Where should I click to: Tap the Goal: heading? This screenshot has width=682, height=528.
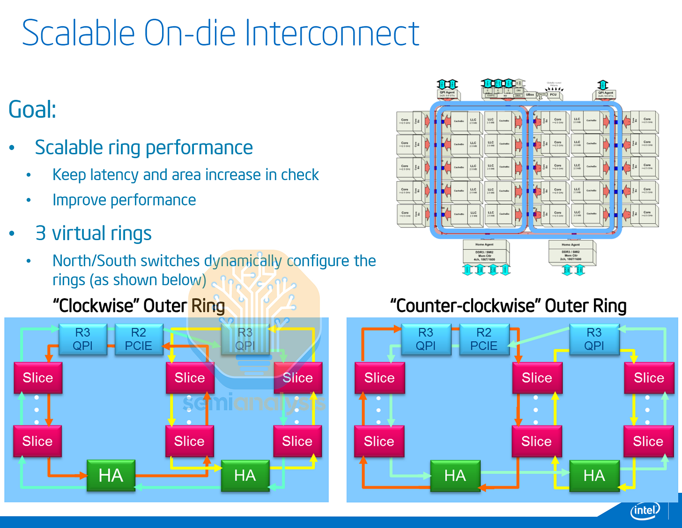click(32, 110)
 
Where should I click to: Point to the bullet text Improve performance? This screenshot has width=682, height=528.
click(124, 200)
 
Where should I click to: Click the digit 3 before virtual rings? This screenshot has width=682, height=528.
click(41, 234)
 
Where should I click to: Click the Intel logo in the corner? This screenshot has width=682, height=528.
click(645, 510)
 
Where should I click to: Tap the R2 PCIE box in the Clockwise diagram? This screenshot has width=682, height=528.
click(138, 339)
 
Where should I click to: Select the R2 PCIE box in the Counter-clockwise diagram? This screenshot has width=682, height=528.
click(483, 339)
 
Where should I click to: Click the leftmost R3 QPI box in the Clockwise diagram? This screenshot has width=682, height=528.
click(82, 339)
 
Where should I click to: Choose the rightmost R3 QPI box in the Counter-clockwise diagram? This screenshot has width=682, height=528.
click(594, 339)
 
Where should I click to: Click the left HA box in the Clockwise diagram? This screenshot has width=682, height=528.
click(111, 475)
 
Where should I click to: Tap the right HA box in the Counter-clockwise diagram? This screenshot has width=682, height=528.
click(594, 475)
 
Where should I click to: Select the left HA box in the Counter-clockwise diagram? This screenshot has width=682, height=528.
click(455, 475)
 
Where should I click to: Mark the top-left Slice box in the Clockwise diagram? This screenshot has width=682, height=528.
click(38, 377)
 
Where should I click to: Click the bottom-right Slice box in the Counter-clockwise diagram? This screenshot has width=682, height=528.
click(648, 441)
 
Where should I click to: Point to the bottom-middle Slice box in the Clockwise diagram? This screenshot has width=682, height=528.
click(189, 441)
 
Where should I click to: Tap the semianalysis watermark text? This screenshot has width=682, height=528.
click(253, 403)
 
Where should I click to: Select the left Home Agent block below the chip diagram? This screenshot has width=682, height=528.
click(484, 252)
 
